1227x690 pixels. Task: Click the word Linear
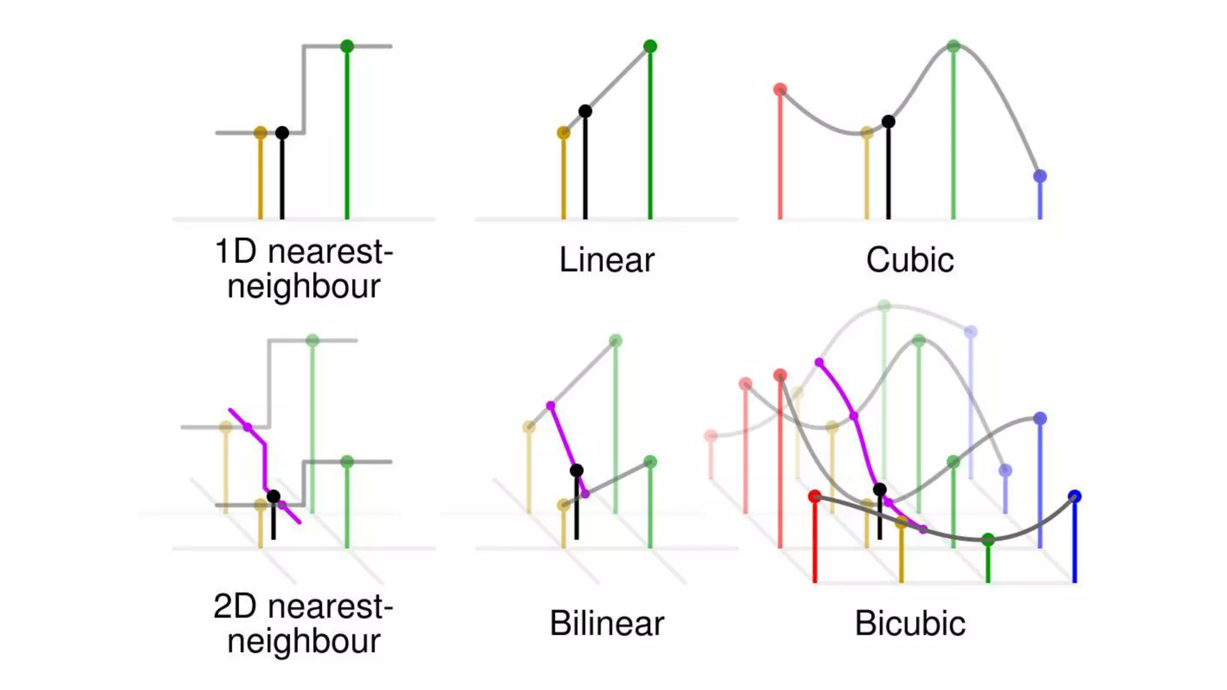click(606, 260)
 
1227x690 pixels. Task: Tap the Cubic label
click(909, 260)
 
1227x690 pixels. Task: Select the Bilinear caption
click(606, 624)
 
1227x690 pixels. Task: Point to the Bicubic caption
click(909, 624)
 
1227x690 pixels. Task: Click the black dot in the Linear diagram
click(585, 111)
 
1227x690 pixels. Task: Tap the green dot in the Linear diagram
click(650, 46)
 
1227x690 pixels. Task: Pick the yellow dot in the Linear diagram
click(563, 132)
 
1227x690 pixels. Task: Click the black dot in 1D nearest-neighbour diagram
click(282, 132)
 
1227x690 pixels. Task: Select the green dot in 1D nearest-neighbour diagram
click(347, 46)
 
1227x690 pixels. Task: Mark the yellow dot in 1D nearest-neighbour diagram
click(260, 132)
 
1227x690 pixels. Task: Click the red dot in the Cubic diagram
click(780, 90)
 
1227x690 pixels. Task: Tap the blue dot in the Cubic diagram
click(1040, 176)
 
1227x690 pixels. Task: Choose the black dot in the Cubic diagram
click(888, 122)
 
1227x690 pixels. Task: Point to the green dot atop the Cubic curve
click(953, 46)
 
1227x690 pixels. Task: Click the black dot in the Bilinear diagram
click(576, 470)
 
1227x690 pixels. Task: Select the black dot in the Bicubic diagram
click(880, 489)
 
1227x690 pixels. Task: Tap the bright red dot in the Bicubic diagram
click(814, 497)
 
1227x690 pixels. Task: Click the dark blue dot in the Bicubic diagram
click(1075, 497)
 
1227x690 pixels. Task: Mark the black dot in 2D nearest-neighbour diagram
click(273, 496)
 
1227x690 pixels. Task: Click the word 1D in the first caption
click(235, 252)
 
